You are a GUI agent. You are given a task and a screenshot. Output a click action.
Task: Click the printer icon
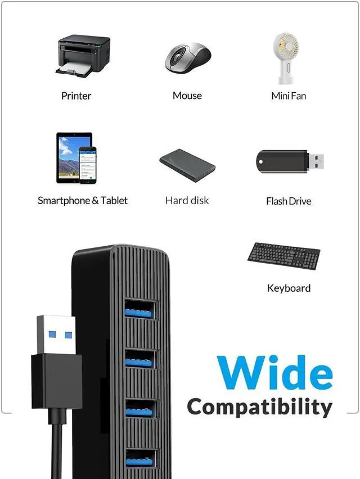click(83, 55)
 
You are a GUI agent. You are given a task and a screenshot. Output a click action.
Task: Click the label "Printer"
click(76, 96)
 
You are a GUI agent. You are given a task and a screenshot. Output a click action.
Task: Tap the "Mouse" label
click(187, 96)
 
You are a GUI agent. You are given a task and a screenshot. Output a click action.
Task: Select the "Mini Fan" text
click(289, 96)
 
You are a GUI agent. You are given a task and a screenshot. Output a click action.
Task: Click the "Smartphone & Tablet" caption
click(83, 200)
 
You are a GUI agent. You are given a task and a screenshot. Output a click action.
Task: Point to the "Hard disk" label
click(187, 200)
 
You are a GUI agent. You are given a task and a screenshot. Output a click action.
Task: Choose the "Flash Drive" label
click(289, 201)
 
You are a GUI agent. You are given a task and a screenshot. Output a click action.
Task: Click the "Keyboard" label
click(289, 288)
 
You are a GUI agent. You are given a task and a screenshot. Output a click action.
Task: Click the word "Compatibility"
click(259, 407)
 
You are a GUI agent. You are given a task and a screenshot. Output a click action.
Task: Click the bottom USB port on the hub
click(139, 458)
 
